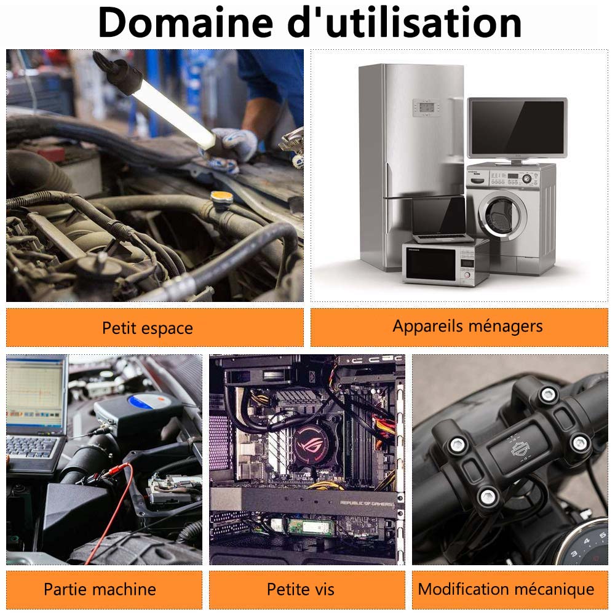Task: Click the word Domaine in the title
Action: click(186, 23)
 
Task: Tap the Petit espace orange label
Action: click(154, 328)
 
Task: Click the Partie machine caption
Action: click(104, 590)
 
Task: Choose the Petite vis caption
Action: click(307, 590)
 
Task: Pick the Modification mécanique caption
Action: click(510, 590)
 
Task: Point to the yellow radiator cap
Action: click(222, 197)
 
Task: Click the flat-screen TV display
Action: click(517, 127)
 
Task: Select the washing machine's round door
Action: click(502, 215)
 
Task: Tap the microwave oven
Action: click(445, 262)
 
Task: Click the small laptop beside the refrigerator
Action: click(441, 220)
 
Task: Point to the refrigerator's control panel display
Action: click(426, 108)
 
